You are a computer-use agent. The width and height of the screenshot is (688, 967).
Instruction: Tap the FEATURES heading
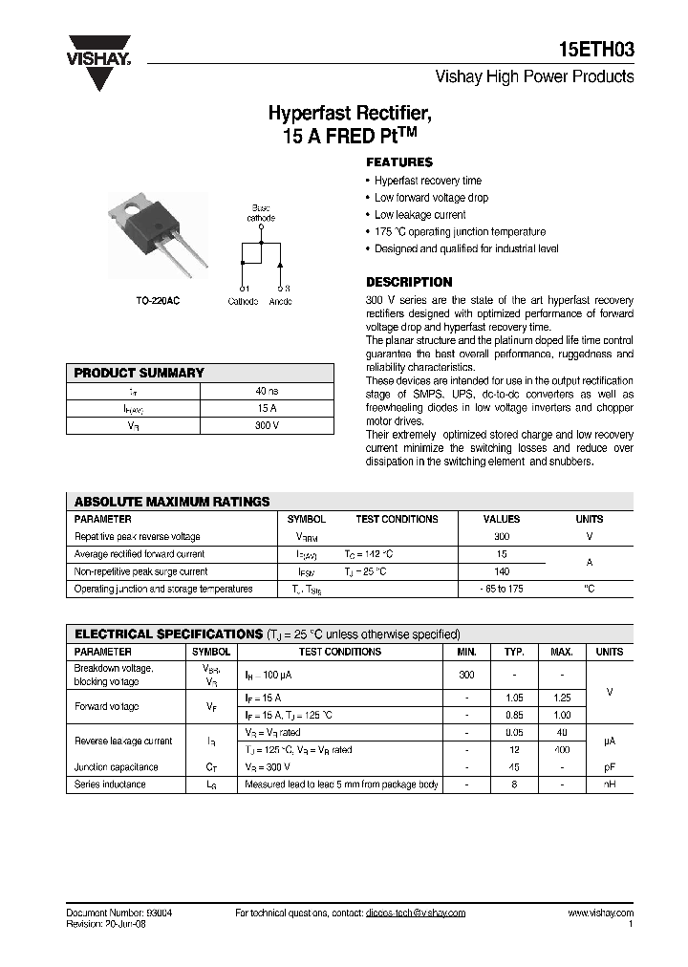click(x=399, y=162)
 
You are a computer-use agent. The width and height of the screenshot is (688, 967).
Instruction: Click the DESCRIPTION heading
click(x=409, y=282)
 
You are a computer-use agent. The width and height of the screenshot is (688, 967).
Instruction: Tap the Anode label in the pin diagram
click(x=280, y=302)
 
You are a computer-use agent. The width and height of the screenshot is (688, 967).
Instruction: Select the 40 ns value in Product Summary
click(x=267, y=391)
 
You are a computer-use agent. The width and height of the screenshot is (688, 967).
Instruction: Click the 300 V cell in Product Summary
click(x=267, y=425)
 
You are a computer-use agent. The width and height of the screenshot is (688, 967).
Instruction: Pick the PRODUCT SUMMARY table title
click(x=140, y=373)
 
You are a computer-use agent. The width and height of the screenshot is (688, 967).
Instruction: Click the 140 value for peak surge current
click(x=502, y=571)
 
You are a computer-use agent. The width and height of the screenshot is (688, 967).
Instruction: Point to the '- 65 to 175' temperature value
click(x=502, y=589)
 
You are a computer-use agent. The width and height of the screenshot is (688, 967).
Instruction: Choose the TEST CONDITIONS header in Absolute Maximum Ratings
click(x=397, y=519)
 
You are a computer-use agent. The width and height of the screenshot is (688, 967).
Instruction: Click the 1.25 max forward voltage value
click(x=563, y=698)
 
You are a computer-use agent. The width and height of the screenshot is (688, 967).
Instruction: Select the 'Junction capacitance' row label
click(x=117, y=766)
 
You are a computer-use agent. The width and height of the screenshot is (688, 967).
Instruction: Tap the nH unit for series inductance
click(x=609, y=784)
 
